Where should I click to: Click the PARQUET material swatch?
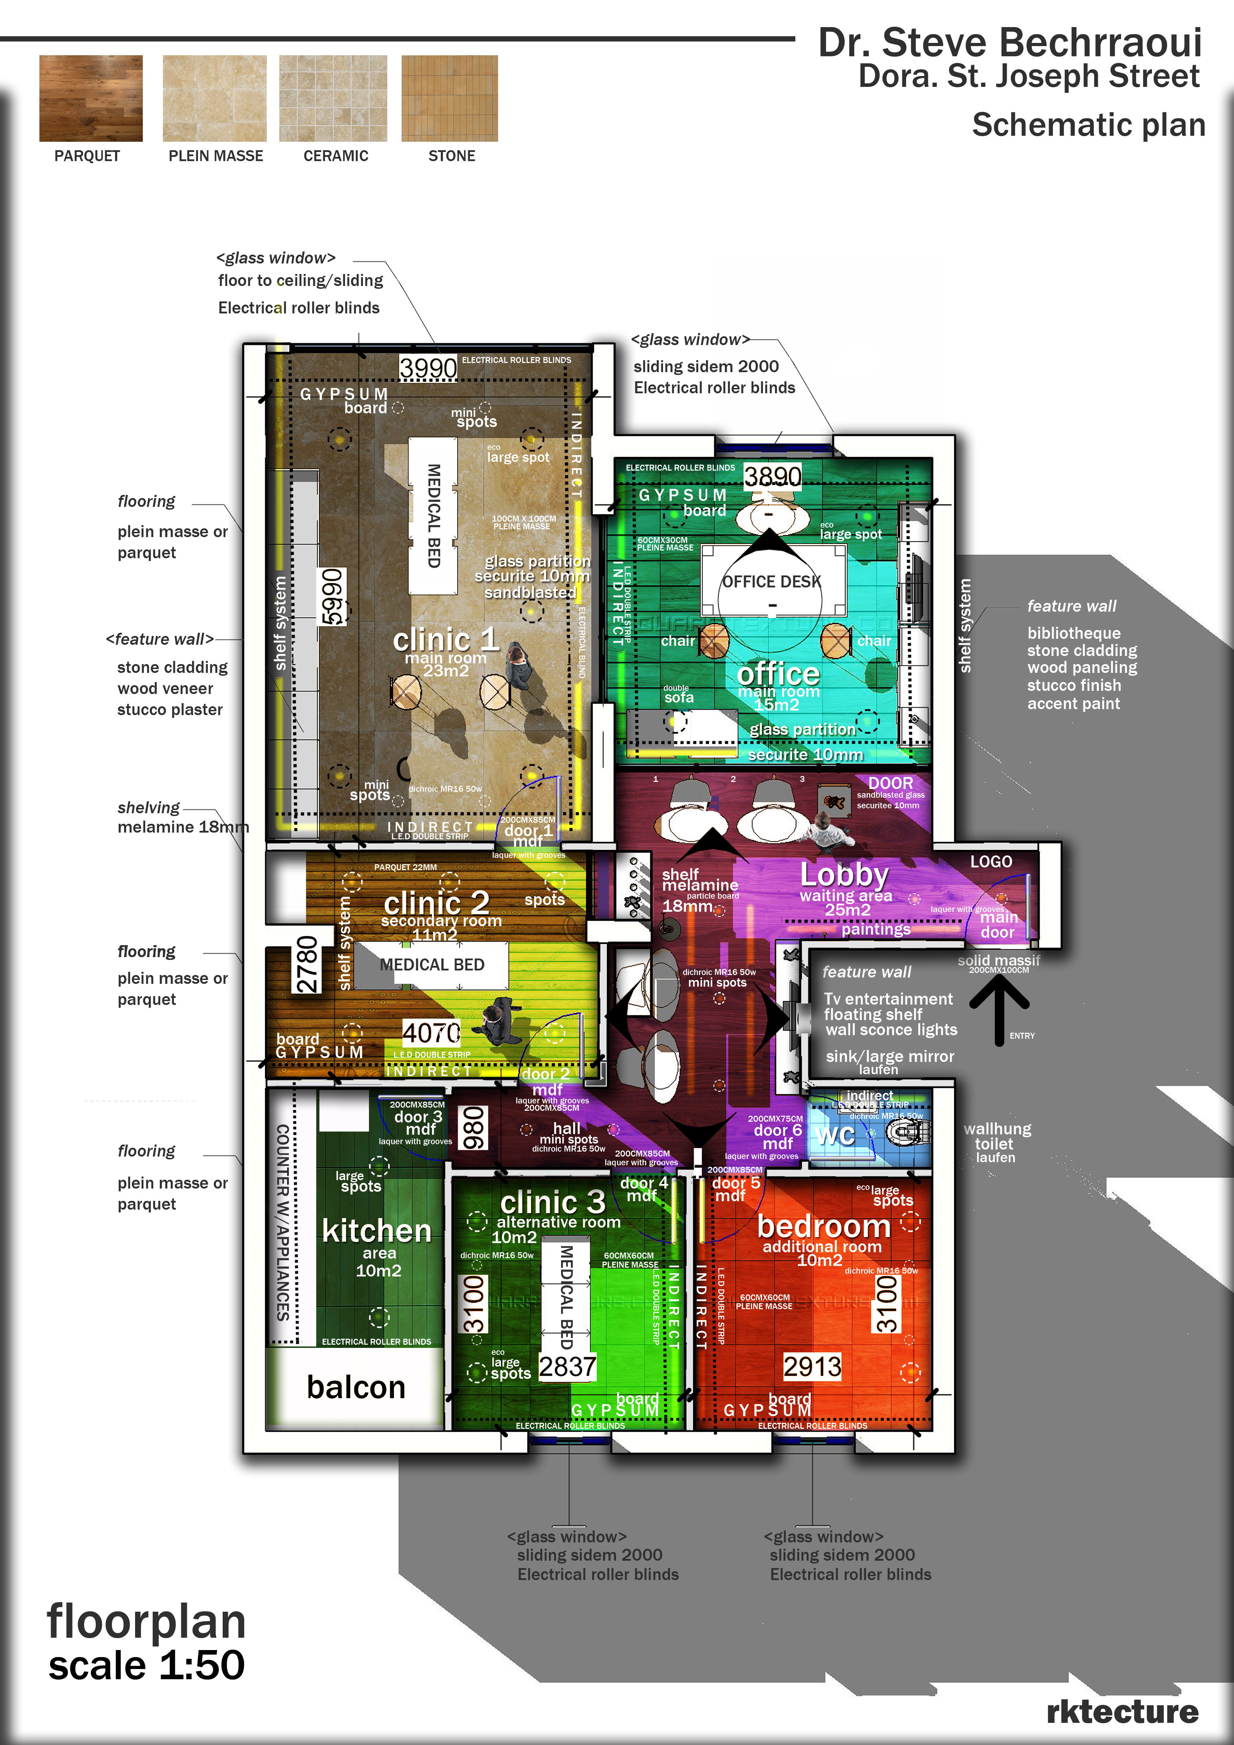pyautogui.click(x=90, y=98)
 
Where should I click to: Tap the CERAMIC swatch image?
pyautogui.click(x=333, y=98)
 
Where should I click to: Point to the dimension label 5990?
pyautogui.click(x=332, y=597)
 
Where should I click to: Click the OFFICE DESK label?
pyautogui.click(x=771, y=581)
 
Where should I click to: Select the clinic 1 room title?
pyautogui.click(x=445, y=639)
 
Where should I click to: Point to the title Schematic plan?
pyautogui.click(x=1088, y=125)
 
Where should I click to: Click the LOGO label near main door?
pyautogui.click(x=991, y=861)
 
